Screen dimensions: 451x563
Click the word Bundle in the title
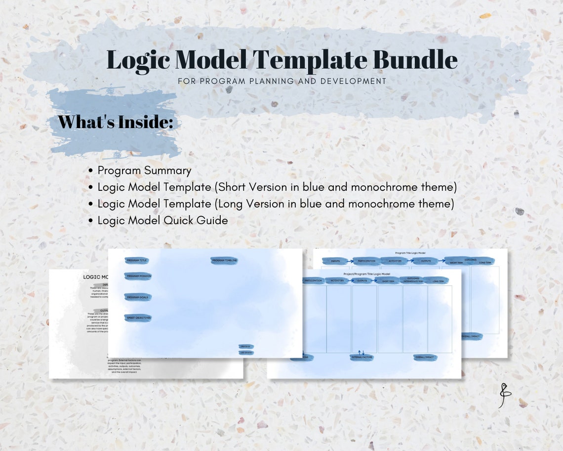tap(415, 60)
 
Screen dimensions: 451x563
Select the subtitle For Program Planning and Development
tap(281, 81)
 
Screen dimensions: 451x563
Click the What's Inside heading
tap(116, 122)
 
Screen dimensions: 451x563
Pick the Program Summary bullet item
tap(144, 171)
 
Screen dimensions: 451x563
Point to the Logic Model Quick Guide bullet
tap(162, 221)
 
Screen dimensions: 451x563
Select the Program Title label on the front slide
tap(136, 260)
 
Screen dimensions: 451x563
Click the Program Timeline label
tap(224, 260)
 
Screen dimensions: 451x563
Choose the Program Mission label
tap(138, 276)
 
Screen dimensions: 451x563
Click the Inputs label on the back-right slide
tap(335, 261)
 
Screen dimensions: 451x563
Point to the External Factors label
tap(362, 357)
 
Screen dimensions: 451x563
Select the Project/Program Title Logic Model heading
tap(366, 273)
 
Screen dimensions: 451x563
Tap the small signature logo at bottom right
tap(504, 396)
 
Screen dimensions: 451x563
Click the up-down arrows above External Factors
tap(361, 352)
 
